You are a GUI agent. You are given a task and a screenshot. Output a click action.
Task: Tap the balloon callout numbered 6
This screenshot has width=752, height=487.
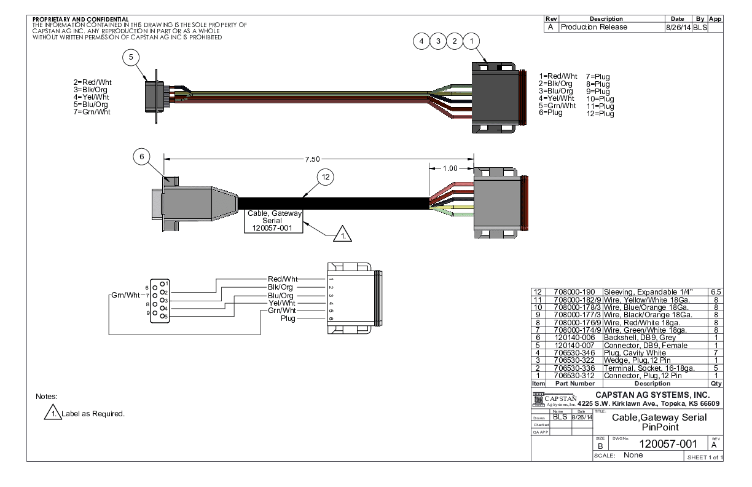(141, 157)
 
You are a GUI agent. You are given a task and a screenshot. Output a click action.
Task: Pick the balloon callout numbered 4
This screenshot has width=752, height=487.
(421, 41)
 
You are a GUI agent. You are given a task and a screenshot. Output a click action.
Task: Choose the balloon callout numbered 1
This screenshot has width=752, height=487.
(471, 41)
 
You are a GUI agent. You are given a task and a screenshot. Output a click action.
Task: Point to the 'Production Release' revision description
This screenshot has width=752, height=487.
(593, 27)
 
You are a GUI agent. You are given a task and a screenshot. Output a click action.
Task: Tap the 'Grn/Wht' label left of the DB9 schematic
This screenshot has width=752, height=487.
(125, 295)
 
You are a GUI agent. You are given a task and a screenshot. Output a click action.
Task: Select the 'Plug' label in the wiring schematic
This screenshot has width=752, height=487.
(288, 319)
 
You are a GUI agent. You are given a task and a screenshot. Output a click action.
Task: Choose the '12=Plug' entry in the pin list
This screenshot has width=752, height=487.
(600, 114)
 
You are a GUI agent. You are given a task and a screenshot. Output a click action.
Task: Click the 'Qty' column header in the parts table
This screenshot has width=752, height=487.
(715, 382)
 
